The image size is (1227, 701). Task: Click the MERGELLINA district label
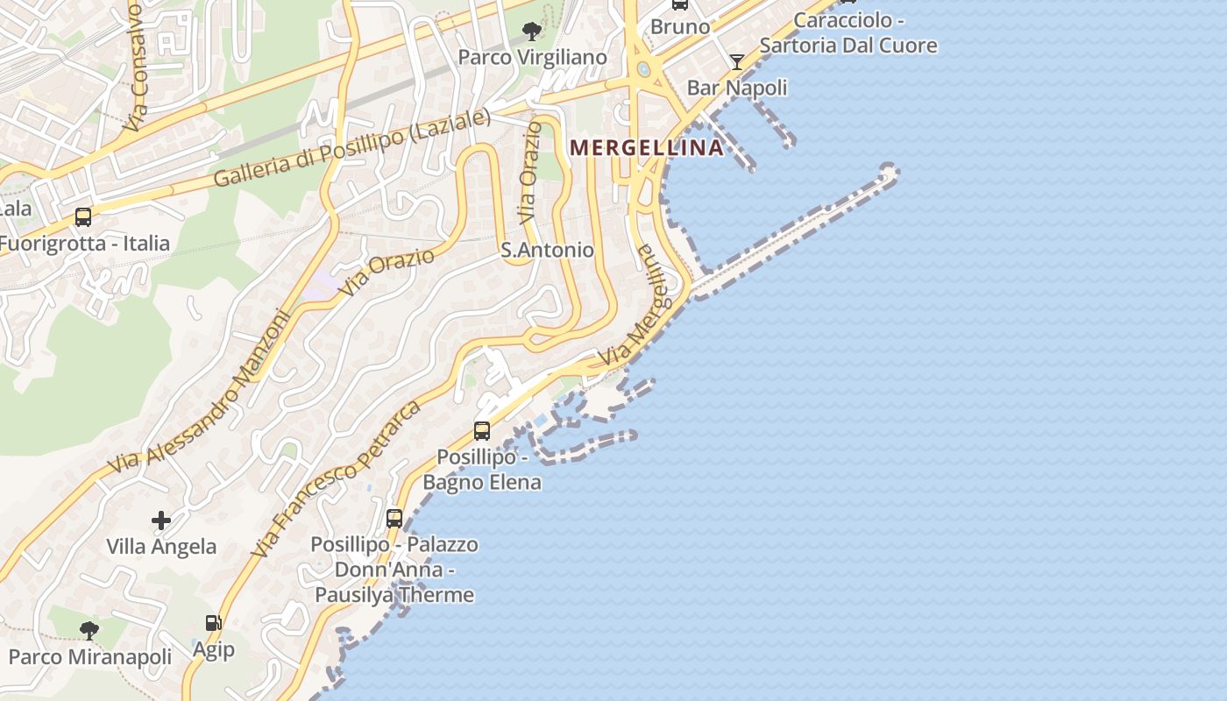(647, 147)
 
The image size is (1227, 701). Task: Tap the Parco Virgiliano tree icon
(531, 32)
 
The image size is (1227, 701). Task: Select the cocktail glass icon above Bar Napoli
(737, 61)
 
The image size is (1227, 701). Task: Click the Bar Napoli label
(737, 88)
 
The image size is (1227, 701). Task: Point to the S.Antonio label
(547, 250)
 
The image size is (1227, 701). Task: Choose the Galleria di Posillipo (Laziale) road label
(351, 149)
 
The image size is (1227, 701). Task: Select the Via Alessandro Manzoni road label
(199, 391)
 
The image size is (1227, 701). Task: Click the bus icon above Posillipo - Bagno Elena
(482, 430)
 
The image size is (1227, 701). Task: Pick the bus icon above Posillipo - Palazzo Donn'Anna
(394, 518)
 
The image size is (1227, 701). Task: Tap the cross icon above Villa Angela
(161, 520)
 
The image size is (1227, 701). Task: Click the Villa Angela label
(161, 547)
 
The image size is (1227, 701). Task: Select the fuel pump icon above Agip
(213, 623)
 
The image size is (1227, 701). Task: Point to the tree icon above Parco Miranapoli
(89, 630)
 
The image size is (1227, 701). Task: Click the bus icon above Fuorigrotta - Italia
(83, 216)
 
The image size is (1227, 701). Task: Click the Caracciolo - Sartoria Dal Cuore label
(848, 32)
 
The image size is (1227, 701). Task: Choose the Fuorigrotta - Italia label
(85, 244)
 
